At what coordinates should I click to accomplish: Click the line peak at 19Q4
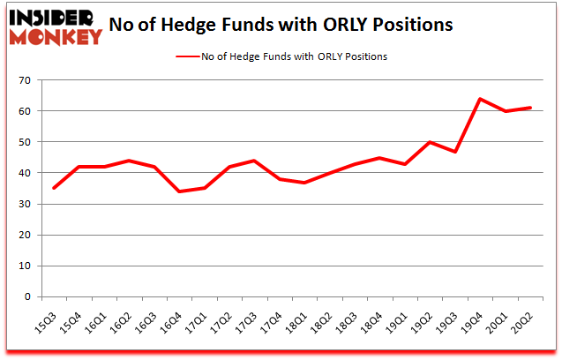479,99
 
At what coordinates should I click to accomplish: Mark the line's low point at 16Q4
178,191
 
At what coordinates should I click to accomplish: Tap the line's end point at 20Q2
530,108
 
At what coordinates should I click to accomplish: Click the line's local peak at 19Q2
429,142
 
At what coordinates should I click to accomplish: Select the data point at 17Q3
253,161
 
